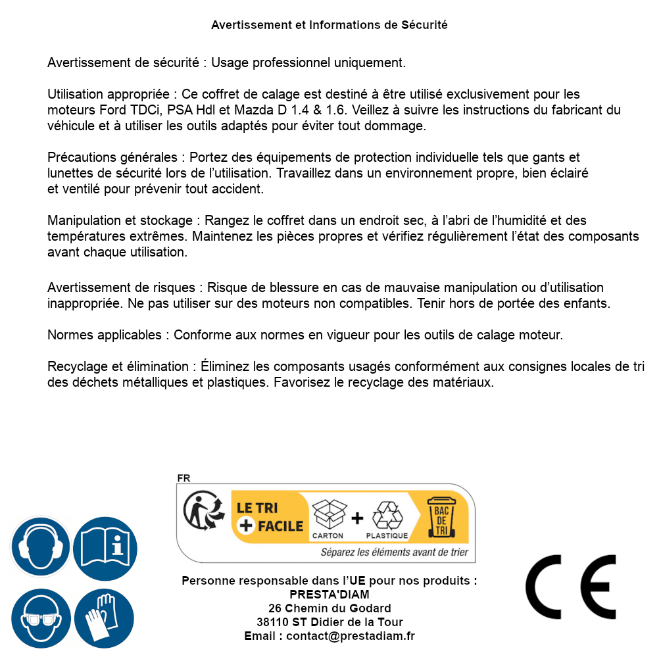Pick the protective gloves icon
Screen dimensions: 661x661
pos(104,619)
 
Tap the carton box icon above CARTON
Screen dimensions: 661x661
pos(328,514)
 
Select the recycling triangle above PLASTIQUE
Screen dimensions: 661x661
pos(387,515)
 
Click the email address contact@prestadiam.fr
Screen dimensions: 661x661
pos(351,636)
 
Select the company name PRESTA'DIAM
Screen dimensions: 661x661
pos(330,595)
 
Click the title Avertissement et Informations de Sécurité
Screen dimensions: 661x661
pos(330,25)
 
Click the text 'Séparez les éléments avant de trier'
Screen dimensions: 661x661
pos(395,552)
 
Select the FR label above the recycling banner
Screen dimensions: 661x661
pos(184,478)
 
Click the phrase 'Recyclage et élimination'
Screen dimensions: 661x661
pos(118,366)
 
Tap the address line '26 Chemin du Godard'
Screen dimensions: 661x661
pos(330,608)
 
